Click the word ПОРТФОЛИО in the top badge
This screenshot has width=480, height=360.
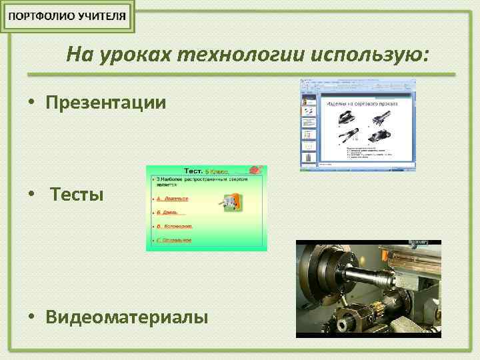(41, 17)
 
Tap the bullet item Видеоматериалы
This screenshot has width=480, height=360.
(127, 316)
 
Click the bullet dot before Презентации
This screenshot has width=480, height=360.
(31, 103)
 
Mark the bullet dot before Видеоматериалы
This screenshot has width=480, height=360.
(31, 317)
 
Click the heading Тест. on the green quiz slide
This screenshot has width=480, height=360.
(193, 171)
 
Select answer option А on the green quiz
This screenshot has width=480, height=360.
(172, 199)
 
